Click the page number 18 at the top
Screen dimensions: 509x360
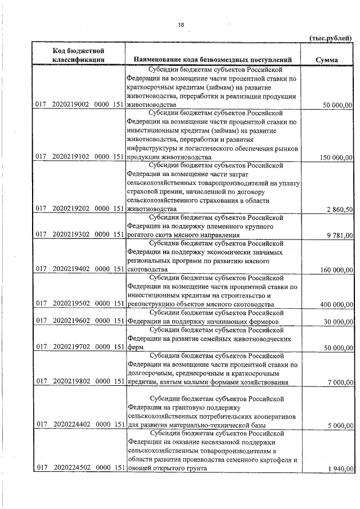tap(181, 25)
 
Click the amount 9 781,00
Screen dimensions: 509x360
tap(340, 235)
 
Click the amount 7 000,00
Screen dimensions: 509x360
tap(340, 382)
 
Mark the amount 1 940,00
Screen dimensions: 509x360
tap(340, 469)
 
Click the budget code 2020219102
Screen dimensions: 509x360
tap(71, 157)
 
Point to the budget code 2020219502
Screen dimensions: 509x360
tap(71, 304)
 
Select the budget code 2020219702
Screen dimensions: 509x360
tap(71, 348)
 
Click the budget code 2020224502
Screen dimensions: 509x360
tap(71, 469)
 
